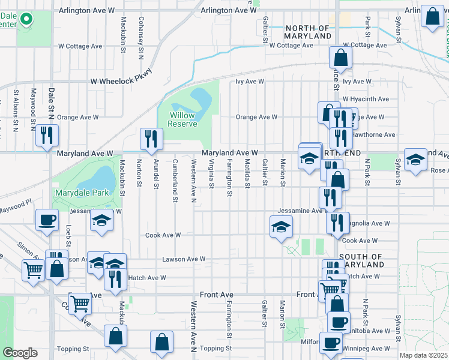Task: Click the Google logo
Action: tap(20, 352)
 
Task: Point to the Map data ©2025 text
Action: tap(423, 355)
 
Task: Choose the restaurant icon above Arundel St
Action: tap(151, 139)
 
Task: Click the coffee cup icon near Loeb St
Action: tap(47, 220)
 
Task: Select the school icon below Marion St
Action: tap(280, 227)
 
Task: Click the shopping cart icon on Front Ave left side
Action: tap(79, 303)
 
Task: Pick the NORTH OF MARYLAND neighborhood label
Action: tap(308, 32)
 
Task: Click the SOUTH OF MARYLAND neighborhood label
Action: tap(361, 260)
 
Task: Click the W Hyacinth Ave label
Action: tap(366, 99)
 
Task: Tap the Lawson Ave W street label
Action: tap(184, 259)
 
